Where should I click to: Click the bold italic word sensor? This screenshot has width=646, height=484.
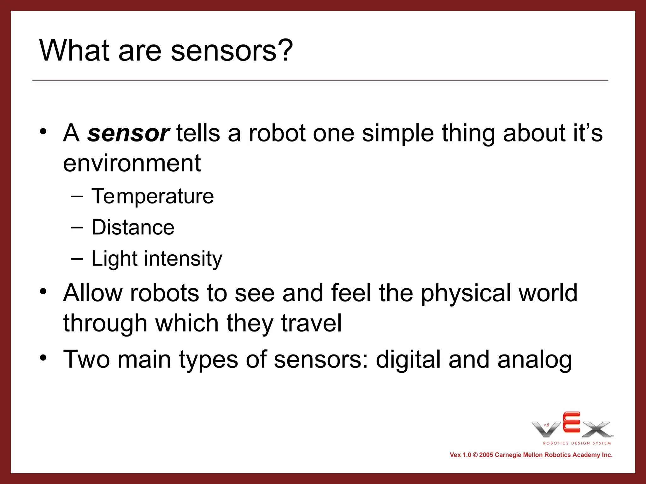tap(128, 133)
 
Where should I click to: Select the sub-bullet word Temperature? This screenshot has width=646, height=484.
tap(153, 196)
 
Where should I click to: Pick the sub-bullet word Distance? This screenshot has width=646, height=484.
tap(133, 227)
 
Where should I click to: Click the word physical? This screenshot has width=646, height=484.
tap(466, 293)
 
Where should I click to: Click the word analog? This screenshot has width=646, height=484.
tap(534, 360)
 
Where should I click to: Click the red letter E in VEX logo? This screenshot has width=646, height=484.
tap(571, 422)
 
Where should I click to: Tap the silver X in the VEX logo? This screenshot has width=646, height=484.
tap(596, 429)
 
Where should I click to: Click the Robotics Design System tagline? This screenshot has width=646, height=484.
tap(577, 443)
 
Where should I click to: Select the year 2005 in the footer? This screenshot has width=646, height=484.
tap(486, 455)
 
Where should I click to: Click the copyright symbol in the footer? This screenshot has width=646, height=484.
tap(475, 455)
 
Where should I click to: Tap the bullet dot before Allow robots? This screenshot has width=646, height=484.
tap(43, 291)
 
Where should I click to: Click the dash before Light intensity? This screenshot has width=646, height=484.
tap(77, 259)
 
